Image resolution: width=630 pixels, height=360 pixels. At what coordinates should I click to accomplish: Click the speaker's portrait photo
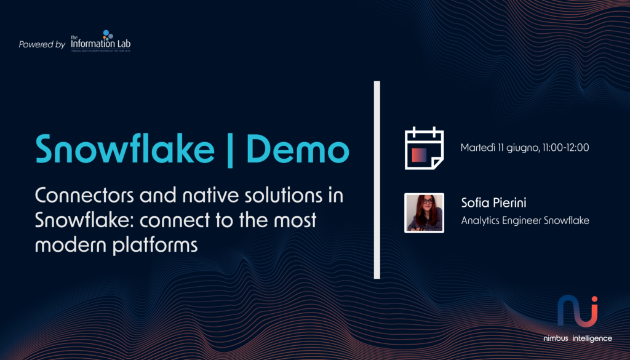click(424, 213)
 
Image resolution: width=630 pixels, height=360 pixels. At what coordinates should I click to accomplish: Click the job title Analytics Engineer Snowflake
click(525, 220)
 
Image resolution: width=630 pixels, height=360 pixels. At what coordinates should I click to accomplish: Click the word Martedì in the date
click(478, 148)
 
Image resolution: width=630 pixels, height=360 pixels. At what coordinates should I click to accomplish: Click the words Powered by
click(42, 44)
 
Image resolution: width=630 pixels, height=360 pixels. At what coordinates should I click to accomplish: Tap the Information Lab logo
click(100, 41)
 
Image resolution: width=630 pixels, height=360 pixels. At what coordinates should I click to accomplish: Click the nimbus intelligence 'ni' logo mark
click(577, 311)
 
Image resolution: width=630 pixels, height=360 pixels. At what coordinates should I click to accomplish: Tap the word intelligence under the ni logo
click(592, 338)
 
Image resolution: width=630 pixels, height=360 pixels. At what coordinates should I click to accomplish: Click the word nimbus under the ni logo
click(556, 338)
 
